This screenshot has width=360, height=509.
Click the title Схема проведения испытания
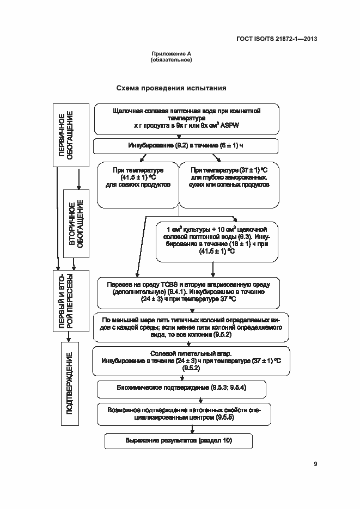[x=171, y=88]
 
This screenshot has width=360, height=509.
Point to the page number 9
[x=315, y=464]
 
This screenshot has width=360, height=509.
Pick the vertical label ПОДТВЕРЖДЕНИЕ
[x=69, y=383]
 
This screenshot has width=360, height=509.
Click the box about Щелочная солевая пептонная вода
[x=186, y=119]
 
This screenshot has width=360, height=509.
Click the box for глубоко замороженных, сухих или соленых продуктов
[x=229, y=185]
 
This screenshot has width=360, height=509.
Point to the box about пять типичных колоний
[x=191, y=327]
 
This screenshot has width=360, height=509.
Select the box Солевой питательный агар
[x=191, y=360]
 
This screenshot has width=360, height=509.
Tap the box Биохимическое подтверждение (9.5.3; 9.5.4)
[x=181, y=389]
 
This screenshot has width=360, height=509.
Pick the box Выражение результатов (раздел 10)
[x=178, y=440]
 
